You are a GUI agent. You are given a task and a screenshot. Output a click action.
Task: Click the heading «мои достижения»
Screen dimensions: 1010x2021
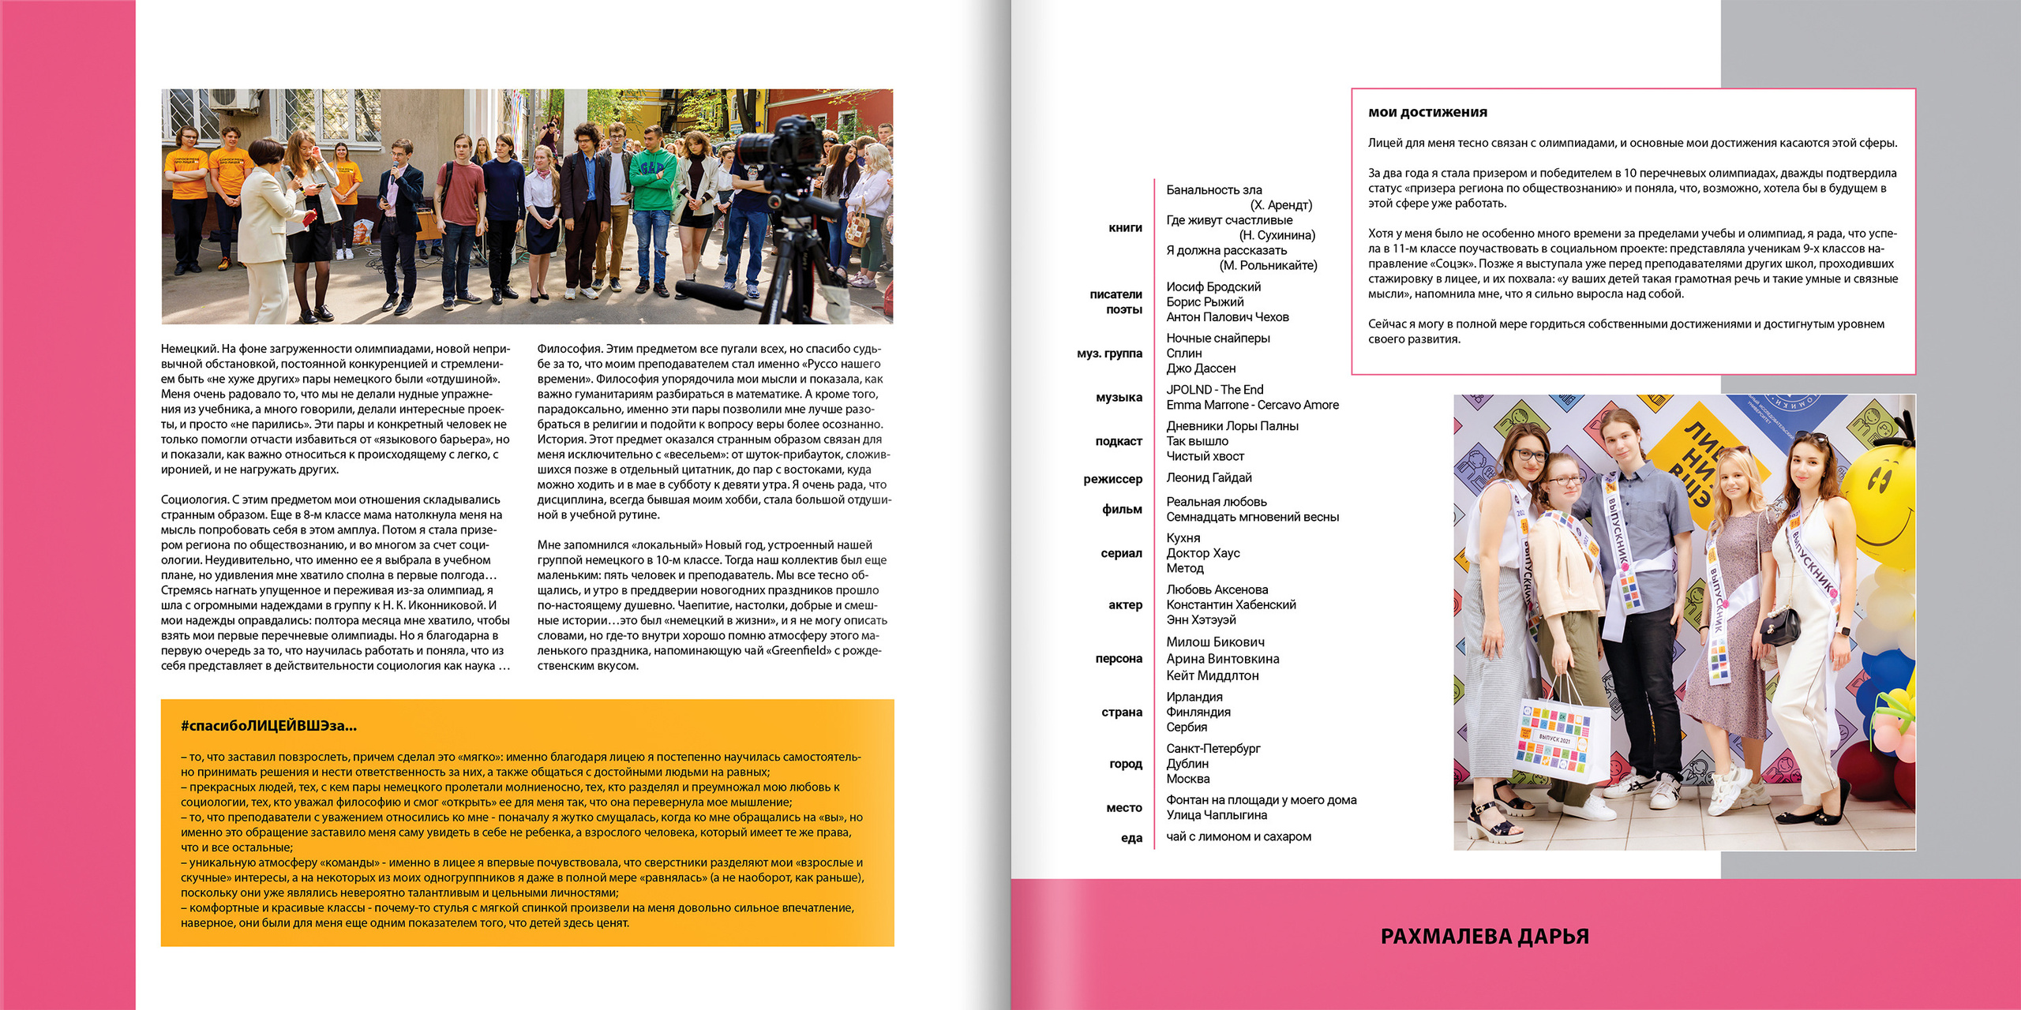tap(1427, 113)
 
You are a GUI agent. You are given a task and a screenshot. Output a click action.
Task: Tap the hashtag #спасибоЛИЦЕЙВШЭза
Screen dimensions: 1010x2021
tap(268, 726)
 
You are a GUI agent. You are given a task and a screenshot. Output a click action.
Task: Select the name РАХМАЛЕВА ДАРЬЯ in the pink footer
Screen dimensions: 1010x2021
tap(1484, 937)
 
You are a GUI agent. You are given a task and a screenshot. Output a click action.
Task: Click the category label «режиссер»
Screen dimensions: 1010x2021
tap(1112, 479)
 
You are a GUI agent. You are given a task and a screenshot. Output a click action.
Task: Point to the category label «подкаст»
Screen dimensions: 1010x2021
tap(1119, 441)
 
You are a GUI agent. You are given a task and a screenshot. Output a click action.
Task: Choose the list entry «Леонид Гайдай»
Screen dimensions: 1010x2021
tap(1209, 478)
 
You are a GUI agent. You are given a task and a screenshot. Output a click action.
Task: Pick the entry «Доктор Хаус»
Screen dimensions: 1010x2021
tap(1202, 553)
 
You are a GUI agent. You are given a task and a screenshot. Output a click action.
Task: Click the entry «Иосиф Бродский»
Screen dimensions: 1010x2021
tap(1213, 287)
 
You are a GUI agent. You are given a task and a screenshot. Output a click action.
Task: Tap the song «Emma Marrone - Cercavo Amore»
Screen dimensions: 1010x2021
tap(1252, 405)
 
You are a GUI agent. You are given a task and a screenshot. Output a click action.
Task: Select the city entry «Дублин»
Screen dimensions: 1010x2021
tap(1187, 764)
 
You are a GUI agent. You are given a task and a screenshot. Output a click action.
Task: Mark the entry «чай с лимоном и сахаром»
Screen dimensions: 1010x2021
tap(1238, 836)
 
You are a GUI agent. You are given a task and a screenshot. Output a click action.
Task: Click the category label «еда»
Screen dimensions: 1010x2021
tap(1131, 838)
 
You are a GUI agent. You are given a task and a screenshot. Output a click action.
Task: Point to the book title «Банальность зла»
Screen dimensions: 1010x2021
tap(1213, 190)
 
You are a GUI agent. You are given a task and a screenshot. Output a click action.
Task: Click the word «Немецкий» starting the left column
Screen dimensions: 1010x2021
tap(189, 349)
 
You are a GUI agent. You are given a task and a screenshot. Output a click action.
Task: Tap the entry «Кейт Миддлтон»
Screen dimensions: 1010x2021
tap(1212, 675)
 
